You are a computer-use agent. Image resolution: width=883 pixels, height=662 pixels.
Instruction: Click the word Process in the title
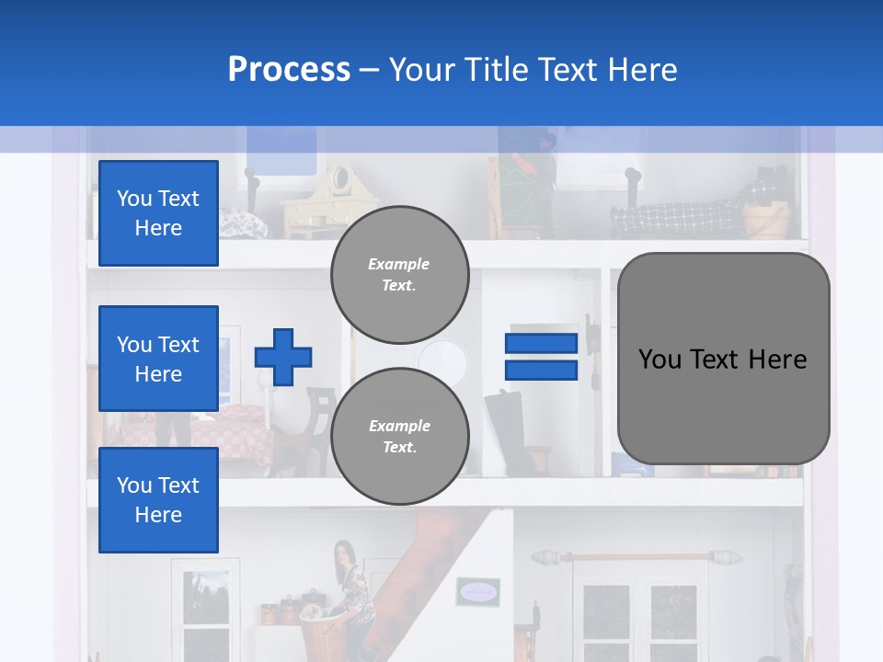[x=289, y=69]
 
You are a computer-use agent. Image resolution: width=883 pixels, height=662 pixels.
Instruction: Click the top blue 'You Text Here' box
[x=158, y=213]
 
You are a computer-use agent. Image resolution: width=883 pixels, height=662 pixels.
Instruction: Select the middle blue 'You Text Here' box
[x=158, y=359]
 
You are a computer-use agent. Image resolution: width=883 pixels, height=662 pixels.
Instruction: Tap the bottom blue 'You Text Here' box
[x=158, y=499]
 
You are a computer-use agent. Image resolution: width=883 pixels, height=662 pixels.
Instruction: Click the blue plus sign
[x=283, y=357]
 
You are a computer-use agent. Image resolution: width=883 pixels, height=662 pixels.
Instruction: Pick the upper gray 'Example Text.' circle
[x=399, y=274]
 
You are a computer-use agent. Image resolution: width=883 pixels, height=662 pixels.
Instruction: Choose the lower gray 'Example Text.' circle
[x=399, y=436]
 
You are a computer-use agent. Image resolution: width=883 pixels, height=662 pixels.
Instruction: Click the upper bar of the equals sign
[x=541, y=344]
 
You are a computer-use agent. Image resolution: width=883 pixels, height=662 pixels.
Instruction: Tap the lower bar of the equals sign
[x=541, y=370]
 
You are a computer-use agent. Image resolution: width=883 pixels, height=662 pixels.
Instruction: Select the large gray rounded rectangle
[x=723, y=359]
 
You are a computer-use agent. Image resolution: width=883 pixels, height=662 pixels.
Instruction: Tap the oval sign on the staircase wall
[x=477, y=590]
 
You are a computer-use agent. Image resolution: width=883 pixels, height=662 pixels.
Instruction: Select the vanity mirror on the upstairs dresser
[x=340, y=179]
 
